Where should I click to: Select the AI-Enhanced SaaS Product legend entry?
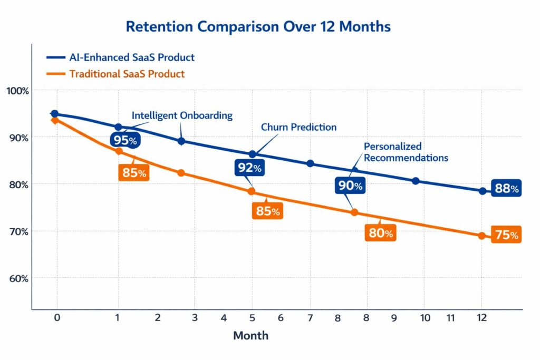tap(131, 57)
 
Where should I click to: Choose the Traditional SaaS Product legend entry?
tap(127, 74)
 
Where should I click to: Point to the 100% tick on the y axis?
tap(17, 91)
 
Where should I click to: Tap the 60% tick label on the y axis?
tap(17, 278)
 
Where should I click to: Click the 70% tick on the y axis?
tap(17, 231)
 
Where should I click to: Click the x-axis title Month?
tap(250, 336)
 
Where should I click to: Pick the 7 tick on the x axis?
tap(310, 318)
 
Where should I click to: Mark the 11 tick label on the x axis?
tap(450, 318)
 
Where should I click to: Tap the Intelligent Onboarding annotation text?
tap(182, 115)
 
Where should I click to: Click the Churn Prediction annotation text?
tap(298, 127)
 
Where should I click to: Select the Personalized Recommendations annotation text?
tap(406, 152)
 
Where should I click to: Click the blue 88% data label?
tap(506, 189)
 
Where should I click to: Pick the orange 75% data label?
tap(506, 235)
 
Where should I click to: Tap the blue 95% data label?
tap(125, 140)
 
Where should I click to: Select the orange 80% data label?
tap(380, 233)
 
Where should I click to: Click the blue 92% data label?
tap(248, 168)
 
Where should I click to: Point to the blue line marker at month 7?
tap(310, 163)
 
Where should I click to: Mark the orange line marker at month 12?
tap(481, 236)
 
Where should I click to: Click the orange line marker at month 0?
tap(54, 120)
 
